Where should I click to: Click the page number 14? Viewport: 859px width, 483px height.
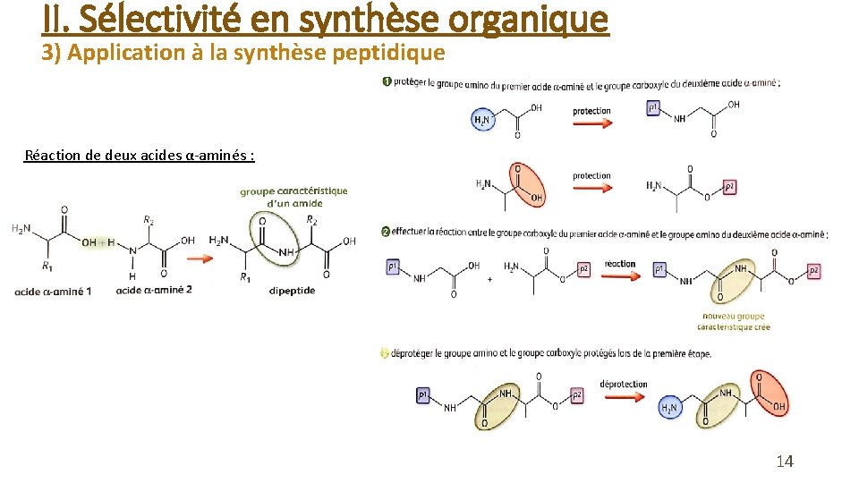(785, 462)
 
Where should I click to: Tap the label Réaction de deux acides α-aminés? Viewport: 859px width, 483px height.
(140, 155)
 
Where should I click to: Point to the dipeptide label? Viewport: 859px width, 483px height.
(292, 290)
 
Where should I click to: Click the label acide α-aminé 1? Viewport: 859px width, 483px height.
(53, 291)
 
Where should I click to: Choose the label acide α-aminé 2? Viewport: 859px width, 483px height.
(154, 290)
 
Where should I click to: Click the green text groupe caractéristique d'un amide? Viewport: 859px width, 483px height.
(293, 197)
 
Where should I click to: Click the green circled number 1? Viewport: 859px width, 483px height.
(387, 83)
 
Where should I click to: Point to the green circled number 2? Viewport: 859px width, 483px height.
(386, 232)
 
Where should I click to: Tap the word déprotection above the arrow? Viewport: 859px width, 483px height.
(624, 384)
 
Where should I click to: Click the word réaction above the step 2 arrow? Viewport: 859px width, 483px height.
(619, 264)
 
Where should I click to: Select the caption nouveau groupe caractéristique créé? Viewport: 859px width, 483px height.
(736, 321)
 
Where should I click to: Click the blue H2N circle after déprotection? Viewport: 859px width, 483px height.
(669, 408)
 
